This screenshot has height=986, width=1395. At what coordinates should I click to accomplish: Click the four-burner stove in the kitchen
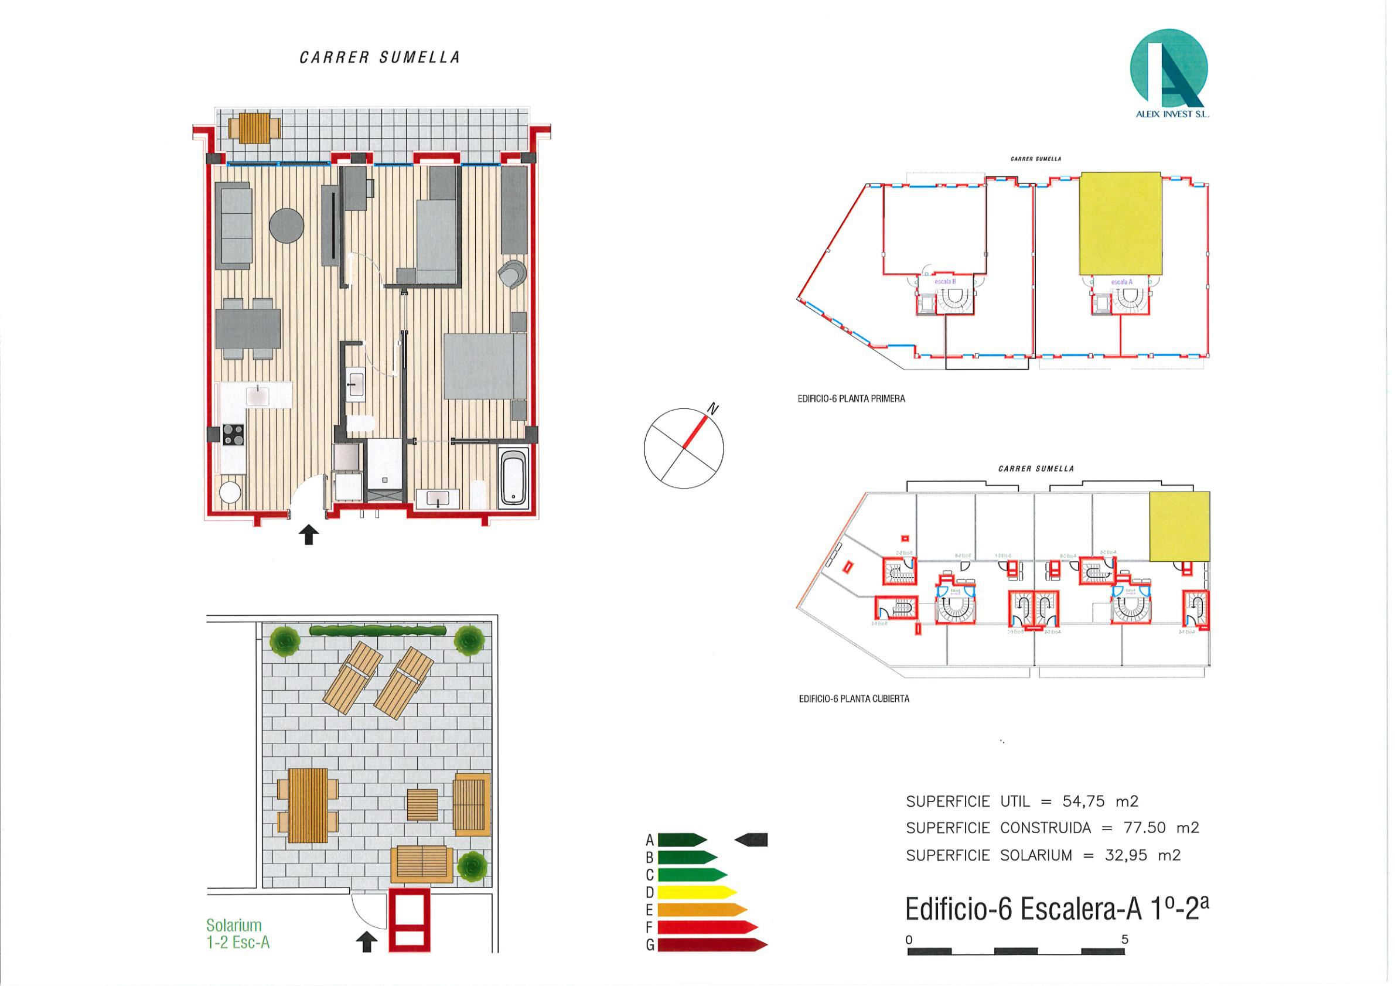point(233,434)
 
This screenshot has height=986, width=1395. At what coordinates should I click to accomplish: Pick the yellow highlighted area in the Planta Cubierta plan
point(1179,526)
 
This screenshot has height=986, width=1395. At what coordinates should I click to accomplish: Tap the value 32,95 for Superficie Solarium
point(1127,855)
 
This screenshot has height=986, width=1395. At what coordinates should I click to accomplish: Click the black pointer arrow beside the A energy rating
point(752,840)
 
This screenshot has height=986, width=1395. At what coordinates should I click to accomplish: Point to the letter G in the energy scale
point(650,963)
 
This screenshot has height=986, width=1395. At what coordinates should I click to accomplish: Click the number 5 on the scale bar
point(1125,939)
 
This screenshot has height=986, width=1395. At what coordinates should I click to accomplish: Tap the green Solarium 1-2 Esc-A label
point(237,934)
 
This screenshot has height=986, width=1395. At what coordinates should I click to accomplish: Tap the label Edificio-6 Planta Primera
point(851,399)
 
